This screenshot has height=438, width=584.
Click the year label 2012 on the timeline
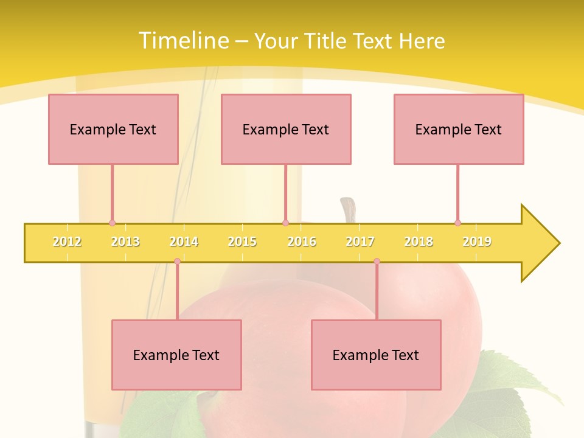pyautogui.click(x=67, y=242)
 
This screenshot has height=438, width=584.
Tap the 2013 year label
pyautogui.click(x=125, y=242)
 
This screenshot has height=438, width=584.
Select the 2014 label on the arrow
pyautogui.click(x=184, y=242)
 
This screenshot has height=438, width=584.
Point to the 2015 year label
pyautogui.click(x=242, y=242)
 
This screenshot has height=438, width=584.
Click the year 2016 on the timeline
pyautogui.click(x=302, y=242)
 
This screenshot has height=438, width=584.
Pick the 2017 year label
pyautogui.click(x=360, y=242)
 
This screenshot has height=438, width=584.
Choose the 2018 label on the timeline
pyautogui.click(x=419, y=242)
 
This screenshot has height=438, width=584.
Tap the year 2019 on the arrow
pyautogui.click(x=477, y=242)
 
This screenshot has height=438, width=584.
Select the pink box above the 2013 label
pyautogui.click(x=113, y=129)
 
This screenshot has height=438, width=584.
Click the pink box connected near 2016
pyautogui.click(x=286, y=129)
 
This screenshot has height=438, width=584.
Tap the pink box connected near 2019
pyautogui.click(x=459, y=129)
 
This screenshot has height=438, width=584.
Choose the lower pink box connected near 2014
pyautogui.click(x=176, y=355)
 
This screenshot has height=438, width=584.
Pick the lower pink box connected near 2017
pyautogui.click(x=376, y=355)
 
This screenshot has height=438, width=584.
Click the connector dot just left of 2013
pyautogui.click(x=112, y=223)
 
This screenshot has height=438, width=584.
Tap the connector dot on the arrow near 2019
pyautogui.click(x=457, y=223)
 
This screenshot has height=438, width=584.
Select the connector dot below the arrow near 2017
pyautogui.click(x=377, y=262)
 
